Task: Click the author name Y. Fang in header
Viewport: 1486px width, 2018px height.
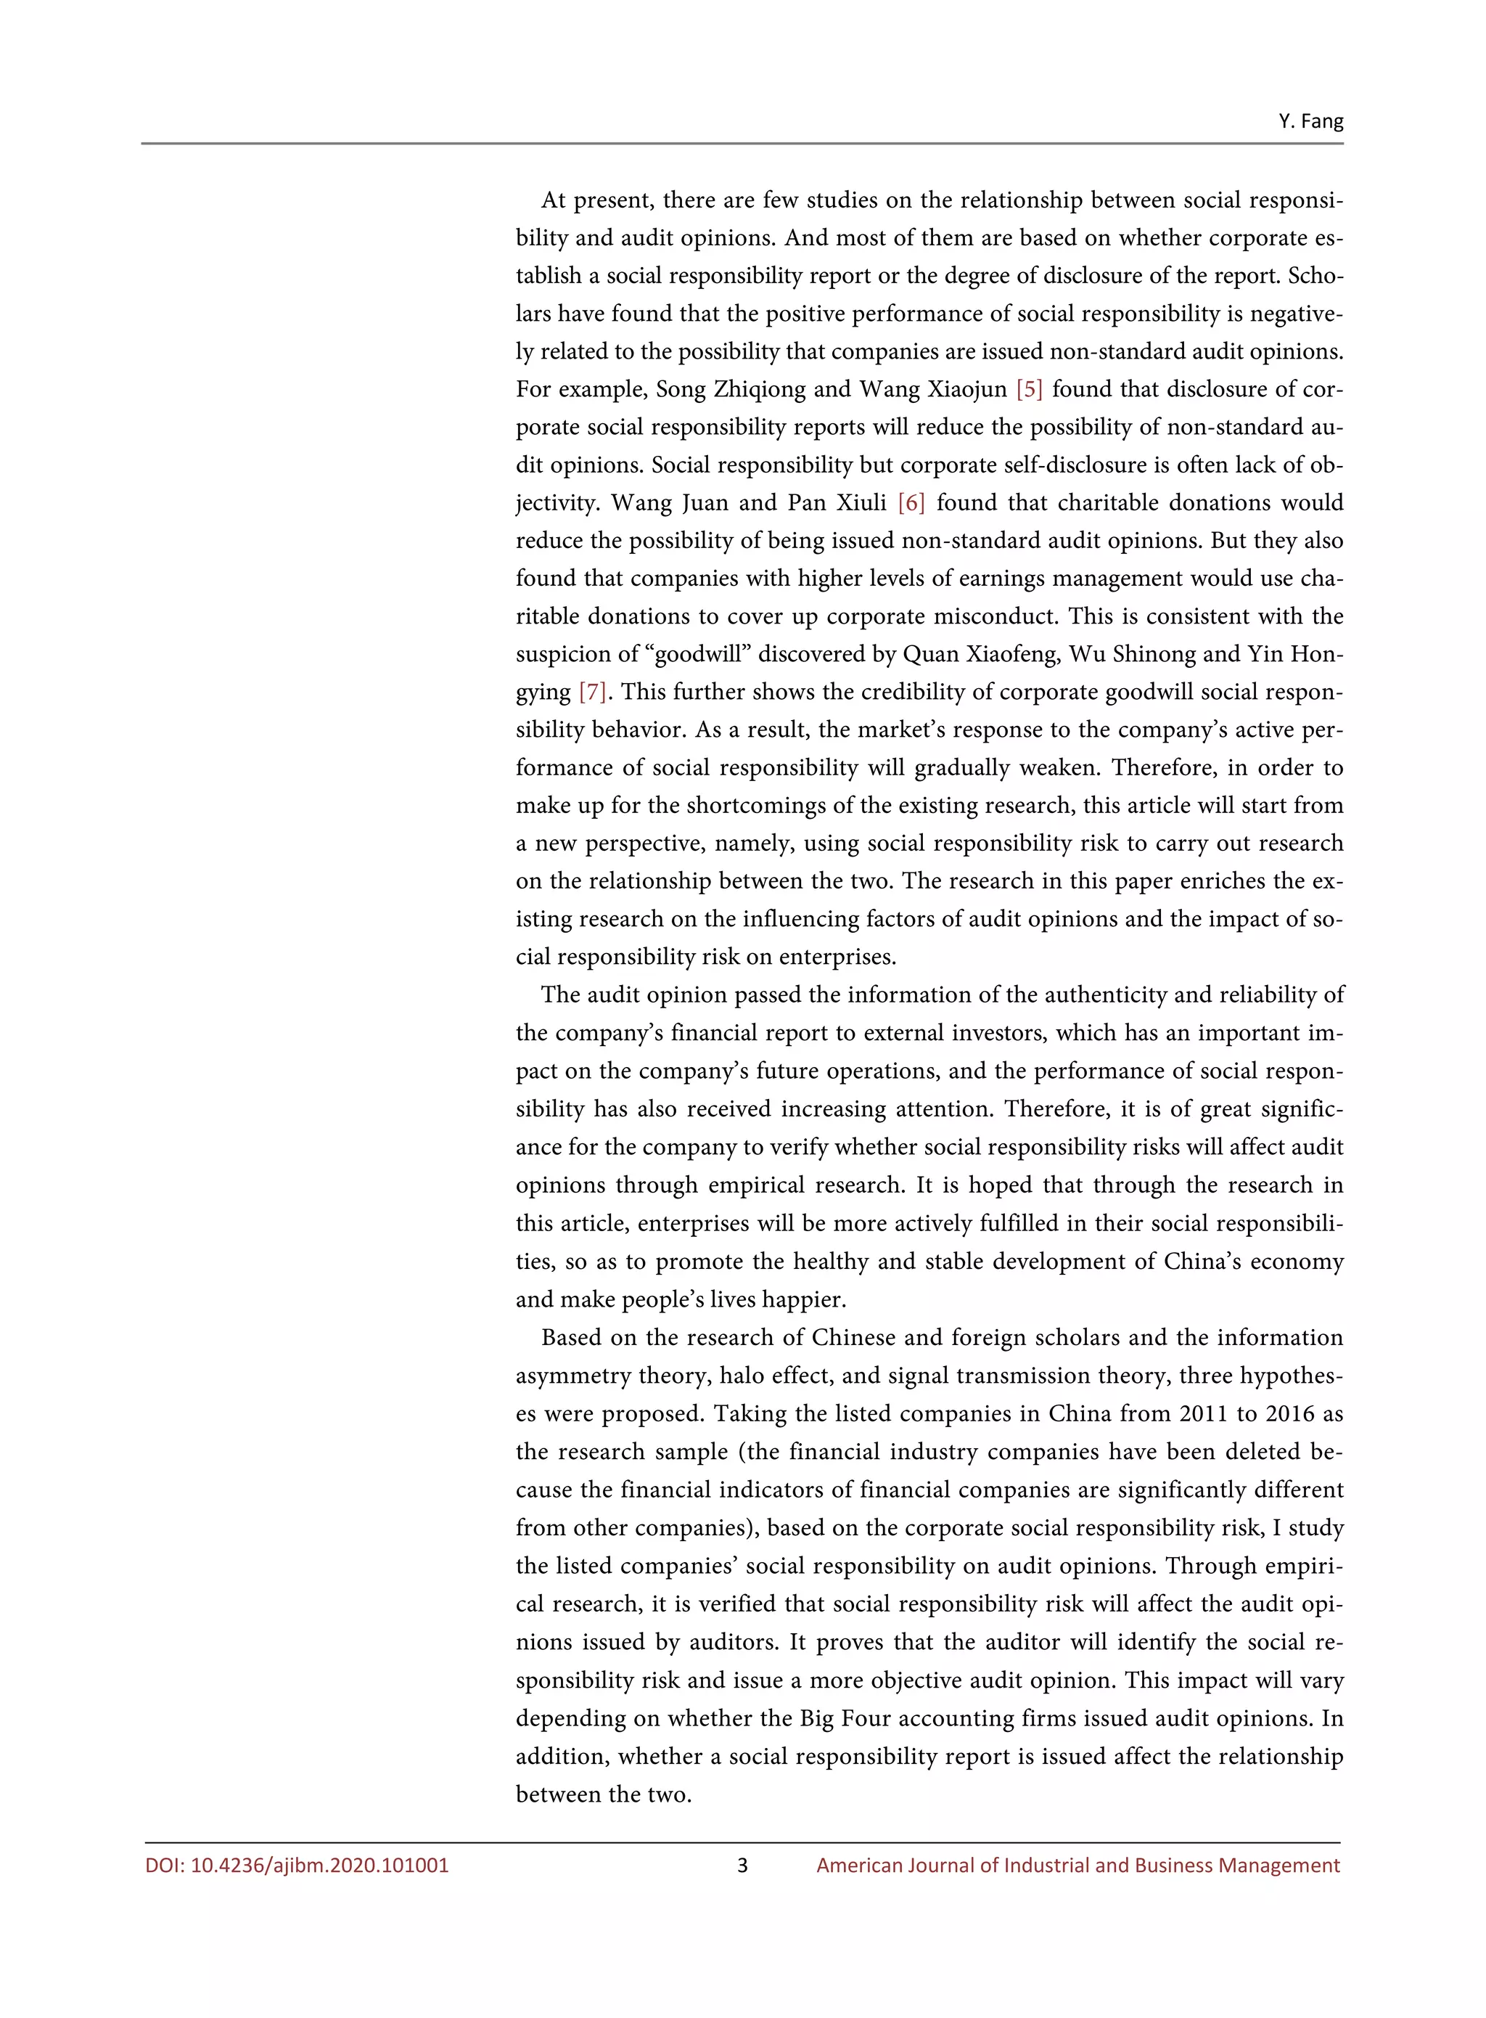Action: pos(1310,121)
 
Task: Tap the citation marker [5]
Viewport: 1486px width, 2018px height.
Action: pos(1029,390)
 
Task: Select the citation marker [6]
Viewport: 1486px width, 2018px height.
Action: pos(911,503)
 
